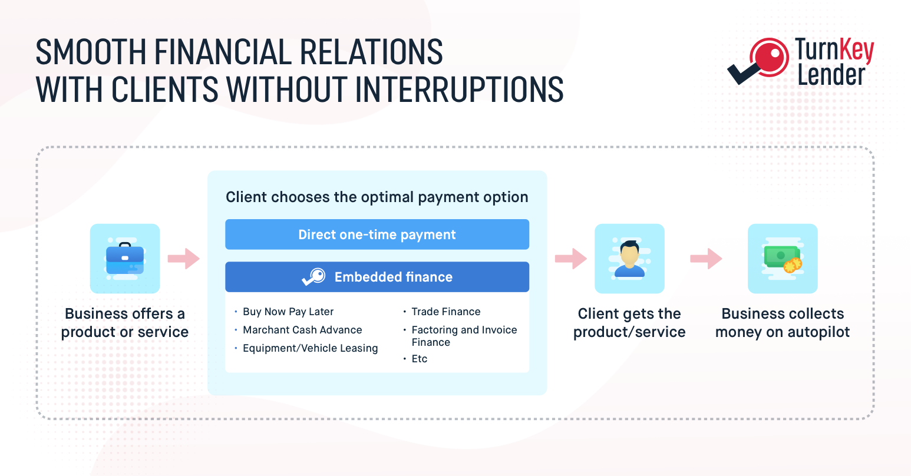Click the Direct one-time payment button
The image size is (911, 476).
(x=377, y=234)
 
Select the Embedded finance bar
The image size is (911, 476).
(x=377, y=277)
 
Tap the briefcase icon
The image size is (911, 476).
(x=125, y=259)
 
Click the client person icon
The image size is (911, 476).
(x=629, y=259)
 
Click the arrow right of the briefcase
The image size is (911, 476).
(x=183, y=259)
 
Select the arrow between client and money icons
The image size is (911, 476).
(x=706, y=259)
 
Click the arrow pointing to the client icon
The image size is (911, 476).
(x=571, y=259)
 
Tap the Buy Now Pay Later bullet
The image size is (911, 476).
(x=288, y=312)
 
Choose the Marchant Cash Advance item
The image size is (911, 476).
(x=302, y=330)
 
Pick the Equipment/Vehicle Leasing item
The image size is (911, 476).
(x=311, y=348)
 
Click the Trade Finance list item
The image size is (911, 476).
(x=445, y=312)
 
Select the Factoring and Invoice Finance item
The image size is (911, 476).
(x=464, y=336)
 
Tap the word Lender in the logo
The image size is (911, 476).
(x=831, y=75)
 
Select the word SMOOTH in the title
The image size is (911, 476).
(x=91, y=52)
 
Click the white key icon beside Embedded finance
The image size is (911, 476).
(x=313, y=277)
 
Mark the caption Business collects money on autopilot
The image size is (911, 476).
(x=783, y=323)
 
